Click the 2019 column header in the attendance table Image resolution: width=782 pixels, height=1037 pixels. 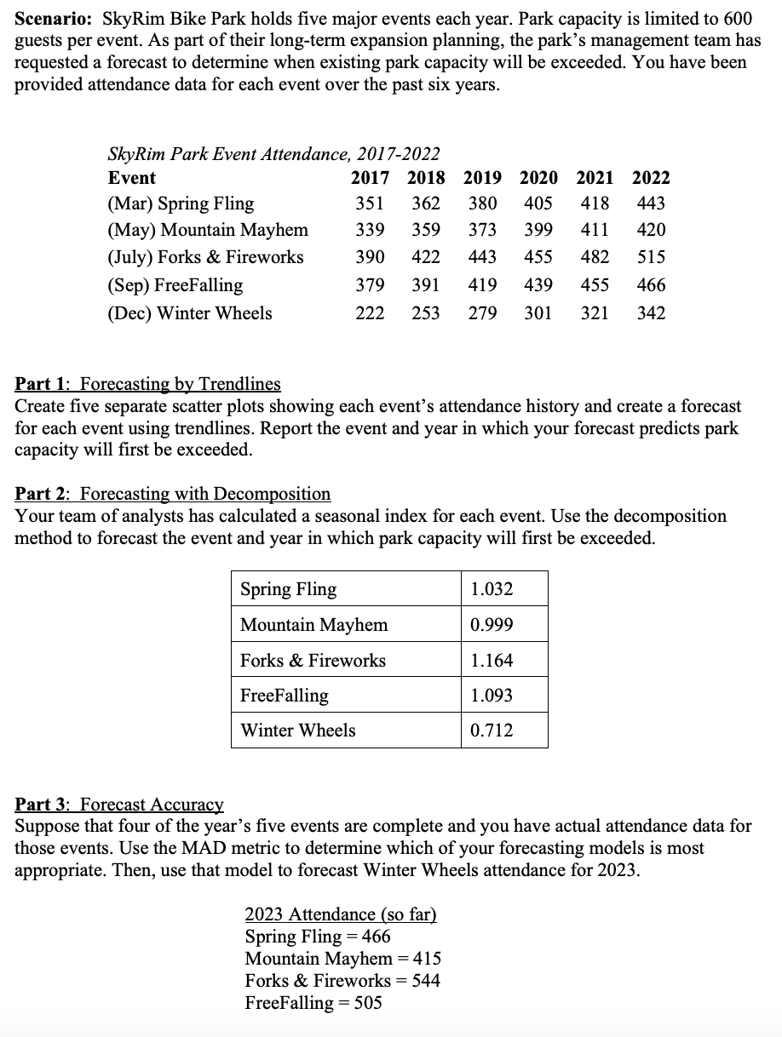click(482, 178)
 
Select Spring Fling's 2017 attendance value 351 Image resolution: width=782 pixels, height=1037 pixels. click(370, 203)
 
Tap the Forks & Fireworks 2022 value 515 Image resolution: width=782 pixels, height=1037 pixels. click(652, 257)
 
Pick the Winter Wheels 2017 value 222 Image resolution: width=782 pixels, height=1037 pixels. click(370, 313)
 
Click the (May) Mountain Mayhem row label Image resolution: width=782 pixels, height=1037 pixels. click(208, 230)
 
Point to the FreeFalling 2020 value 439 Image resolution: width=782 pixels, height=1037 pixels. click(537, 285)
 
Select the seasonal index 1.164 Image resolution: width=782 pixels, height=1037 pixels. click(492, 661)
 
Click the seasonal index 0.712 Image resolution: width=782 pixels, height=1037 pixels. click(492, 730)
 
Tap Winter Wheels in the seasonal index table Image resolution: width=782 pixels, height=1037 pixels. click(298, 730)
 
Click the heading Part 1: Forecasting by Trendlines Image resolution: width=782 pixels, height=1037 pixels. click(147, 385)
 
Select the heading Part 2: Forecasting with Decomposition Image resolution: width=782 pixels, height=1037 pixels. click(173, 494)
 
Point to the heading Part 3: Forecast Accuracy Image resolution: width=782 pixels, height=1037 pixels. click(119, 805)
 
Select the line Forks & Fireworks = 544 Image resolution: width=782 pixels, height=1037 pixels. click(342, 981)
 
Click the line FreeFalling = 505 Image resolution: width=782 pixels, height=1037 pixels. click(313, 1003)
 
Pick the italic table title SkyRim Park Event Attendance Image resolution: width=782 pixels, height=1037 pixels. click(273, 154)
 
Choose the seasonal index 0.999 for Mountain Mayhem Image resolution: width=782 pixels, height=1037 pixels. click(492, 625)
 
